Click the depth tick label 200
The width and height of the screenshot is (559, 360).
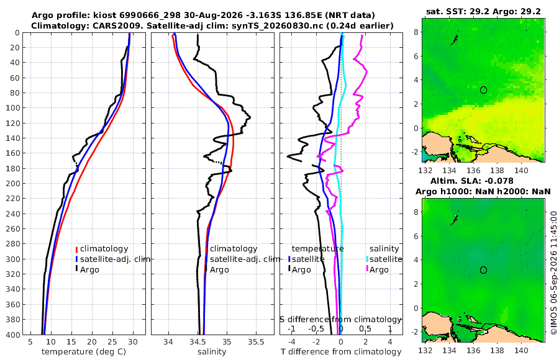click(x=12, y=183)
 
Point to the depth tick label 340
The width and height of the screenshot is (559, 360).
click(x=12, y=289)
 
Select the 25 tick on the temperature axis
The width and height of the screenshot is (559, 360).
click(x=112, y=342)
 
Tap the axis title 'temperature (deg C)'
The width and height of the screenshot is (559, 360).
click(x=84, y=352)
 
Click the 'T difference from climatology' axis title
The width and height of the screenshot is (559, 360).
click(x=341, y=352)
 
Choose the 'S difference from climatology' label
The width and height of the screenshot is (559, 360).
click(x=340, y=319)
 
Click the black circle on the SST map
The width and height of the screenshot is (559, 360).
click(x=483, y=90)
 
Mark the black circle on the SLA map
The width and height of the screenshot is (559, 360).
click(x=483, y=270)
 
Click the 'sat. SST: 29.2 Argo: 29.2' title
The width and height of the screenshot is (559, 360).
click(x=483, y=11)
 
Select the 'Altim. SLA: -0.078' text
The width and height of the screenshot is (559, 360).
click(x=472, y=181)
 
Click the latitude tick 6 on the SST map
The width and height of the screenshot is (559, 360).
click(x=416, y=56)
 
